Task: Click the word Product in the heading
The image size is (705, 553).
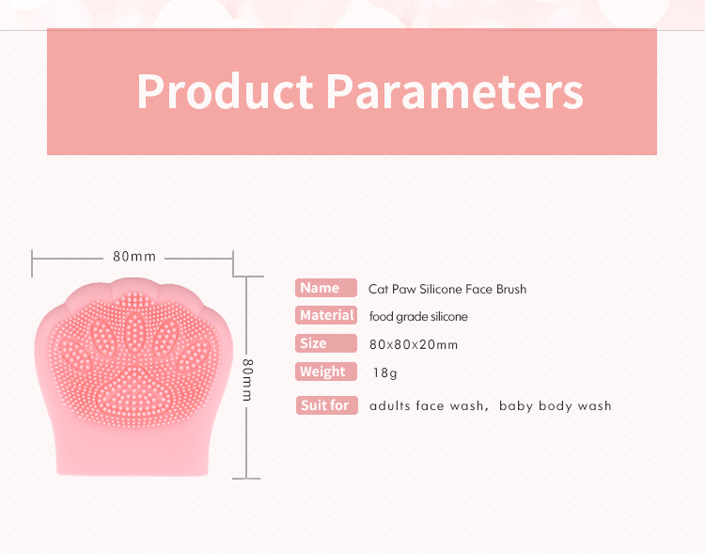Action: pos(225,91)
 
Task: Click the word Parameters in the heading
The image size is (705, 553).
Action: pos(454,91)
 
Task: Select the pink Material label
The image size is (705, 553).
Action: pos(326,315)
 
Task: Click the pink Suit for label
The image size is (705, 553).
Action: pos(326,405)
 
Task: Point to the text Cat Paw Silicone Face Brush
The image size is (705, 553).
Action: pos(447,289)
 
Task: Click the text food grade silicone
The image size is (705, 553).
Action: pos(418,317)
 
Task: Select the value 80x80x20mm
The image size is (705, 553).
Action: pos(414,344)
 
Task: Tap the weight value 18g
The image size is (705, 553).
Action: pos(385,373)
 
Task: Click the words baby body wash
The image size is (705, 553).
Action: pos(556,406)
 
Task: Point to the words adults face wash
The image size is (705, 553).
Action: pos(425,406)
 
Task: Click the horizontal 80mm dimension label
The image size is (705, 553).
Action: pos(134,256)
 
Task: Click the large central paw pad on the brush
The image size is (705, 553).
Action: pos(134,388)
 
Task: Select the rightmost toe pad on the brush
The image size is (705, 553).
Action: pos(195,356)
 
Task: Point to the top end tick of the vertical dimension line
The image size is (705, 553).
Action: pos(246,276)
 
